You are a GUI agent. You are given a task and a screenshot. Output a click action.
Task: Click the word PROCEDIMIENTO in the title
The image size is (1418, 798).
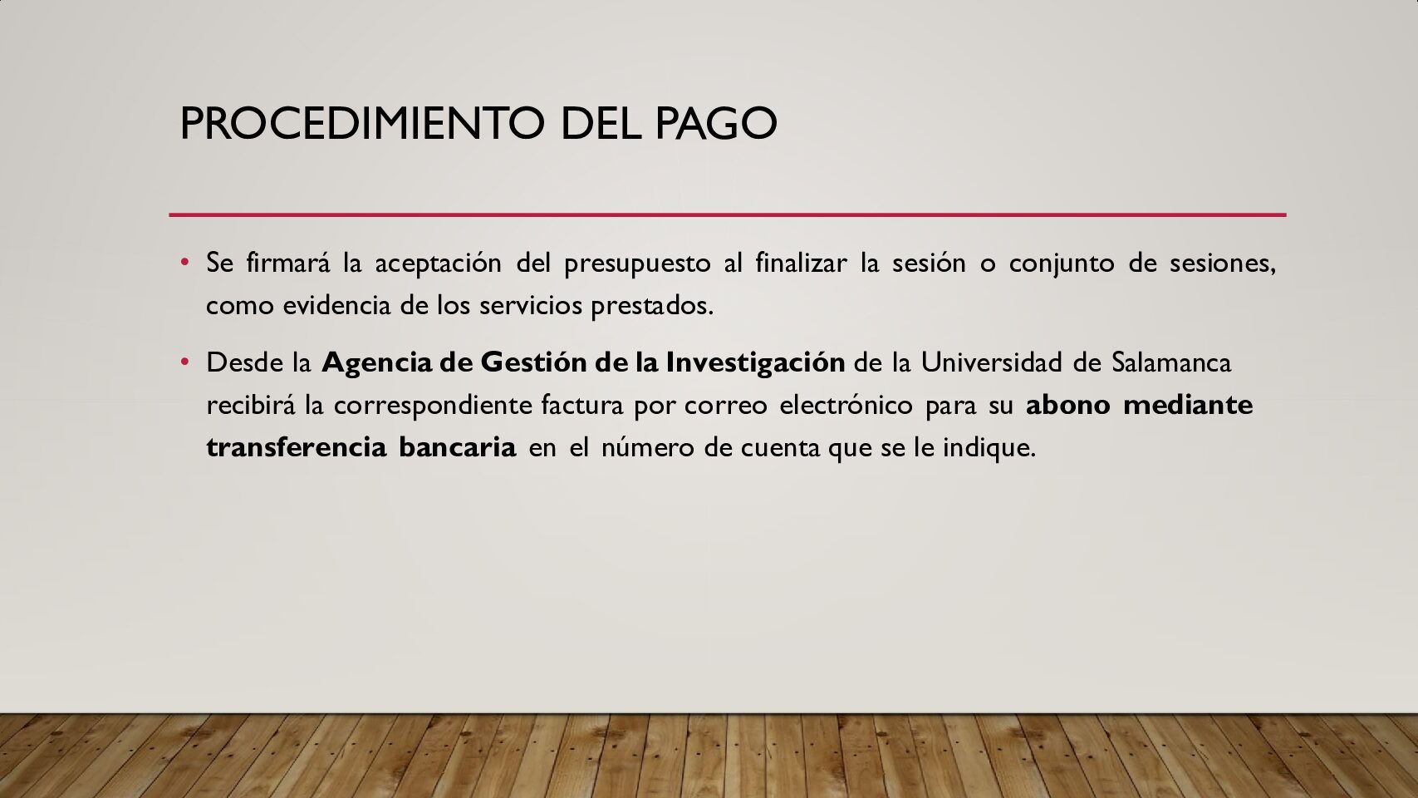362,123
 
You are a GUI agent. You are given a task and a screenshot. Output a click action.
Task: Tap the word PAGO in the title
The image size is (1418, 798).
716,123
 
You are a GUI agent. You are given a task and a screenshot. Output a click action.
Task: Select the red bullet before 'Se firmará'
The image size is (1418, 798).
185,261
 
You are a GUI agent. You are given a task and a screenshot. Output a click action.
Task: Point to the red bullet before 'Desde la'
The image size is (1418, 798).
185,362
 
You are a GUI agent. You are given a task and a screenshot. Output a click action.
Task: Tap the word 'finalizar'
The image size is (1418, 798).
801,262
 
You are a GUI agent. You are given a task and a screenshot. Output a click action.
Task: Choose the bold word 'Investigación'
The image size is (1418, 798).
755,363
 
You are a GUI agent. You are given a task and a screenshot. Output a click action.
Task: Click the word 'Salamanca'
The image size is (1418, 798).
1171,362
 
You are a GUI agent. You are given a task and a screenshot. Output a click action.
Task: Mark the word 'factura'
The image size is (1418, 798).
582,404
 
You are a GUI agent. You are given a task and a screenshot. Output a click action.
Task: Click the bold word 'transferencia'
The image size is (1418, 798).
297,446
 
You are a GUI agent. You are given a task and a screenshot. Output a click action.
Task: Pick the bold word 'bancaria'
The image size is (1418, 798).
458,446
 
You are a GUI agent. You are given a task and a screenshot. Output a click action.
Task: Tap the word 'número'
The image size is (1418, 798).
645,446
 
